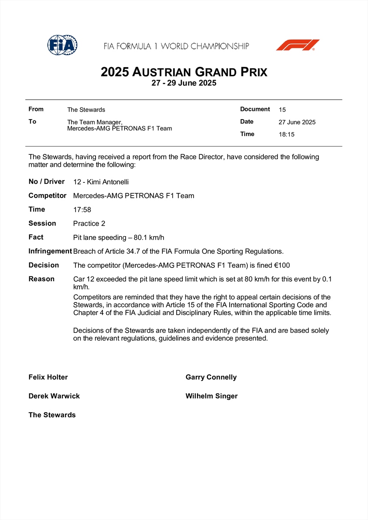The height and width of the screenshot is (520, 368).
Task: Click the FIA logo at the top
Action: (62, 45)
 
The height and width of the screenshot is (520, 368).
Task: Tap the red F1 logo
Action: (298, 45)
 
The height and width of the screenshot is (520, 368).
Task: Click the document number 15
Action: (283, 110)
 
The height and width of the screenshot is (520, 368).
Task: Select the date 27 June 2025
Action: (297, 122)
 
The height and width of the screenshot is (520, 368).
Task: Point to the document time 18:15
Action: (286, 134)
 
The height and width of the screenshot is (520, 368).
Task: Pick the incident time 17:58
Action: (82, 210)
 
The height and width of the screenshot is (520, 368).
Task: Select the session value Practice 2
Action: (89, 224)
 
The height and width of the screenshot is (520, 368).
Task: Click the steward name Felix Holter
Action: (48, 377)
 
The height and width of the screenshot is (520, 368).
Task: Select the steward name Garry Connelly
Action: (211, 377)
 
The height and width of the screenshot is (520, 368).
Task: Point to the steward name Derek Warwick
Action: (54, 396)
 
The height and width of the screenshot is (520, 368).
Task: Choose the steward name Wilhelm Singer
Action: (211, 396)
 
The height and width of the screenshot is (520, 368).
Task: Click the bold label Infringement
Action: (50, 251)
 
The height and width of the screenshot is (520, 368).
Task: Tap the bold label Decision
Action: (43, 265)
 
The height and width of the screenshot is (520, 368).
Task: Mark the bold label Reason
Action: (42, 279)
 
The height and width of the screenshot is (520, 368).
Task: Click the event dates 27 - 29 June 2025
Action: (184, 83)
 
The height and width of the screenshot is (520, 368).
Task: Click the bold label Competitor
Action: (47, 196)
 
